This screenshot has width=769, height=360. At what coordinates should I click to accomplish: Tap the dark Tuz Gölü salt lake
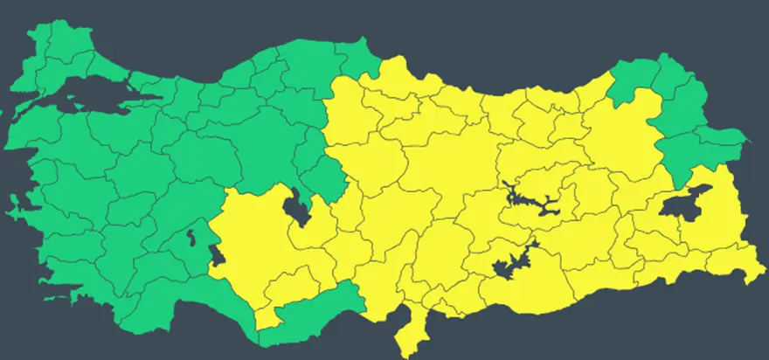[x=297, y=206]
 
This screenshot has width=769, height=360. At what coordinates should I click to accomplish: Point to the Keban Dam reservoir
[x=524, y=199]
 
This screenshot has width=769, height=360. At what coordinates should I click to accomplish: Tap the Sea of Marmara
[x=96, y=95]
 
